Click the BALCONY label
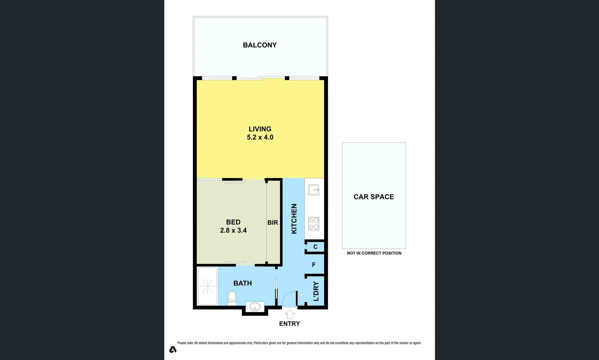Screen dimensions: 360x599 point(260,45)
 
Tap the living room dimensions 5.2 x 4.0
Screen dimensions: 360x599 point(260,137)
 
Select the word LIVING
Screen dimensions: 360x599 point(260,129)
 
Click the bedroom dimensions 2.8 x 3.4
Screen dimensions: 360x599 point(233,230)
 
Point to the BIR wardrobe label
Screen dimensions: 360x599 point(273,223)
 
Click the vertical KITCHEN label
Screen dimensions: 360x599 point(294,219)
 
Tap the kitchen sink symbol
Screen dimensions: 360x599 point(314,190)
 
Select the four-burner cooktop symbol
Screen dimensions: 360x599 point(314,223)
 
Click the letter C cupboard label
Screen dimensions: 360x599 point(315,247)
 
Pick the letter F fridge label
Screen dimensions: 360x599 point(314,265)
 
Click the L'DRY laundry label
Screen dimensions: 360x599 point(316,291)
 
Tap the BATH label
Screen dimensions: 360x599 point(243,283)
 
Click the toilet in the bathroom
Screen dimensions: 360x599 point(232,297)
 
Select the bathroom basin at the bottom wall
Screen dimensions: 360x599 point(255,306)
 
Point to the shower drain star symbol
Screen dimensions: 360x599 point(207,286)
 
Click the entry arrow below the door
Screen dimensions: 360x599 point(290,314)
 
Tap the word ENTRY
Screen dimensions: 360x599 point(289,324)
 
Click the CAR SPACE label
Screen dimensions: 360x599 point(374,197)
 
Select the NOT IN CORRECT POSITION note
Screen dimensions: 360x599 point(374,253)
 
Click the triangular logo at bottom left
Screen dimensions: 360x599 point(173,349)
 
